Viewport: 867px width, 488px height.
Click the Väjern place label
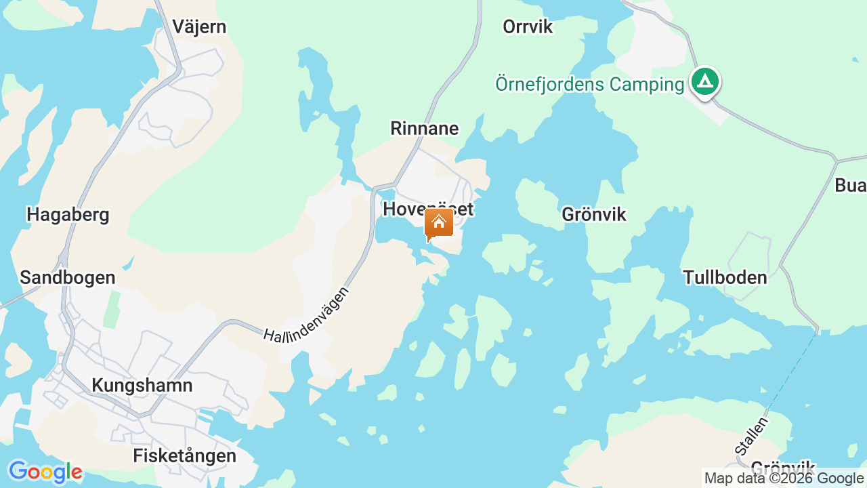point(199,27)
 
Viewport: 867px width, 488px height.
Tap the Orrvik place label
point(528,27)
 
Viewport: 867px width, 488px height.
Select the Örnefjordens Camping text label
point(589,85)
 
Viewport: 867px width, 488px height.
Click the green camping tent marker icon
point(705,83)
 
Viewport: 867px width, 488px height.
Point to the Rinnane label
point(425,129)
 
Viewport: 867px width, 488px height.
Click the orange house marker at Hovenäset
point(439,224)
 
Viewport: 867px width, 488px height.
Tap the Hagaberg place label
point(68,216)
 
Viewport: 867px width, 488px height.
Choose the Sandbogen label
point(68,278)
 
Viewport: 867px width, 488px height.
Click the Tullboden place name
point(725,278)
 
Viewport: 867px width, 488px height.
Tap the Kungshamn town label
point(142,386)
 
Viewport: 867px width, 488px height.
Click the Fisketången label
point(184,456)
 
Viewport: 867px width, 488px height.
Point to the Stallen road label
point(753,436)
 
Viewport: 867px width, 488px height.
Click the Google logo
point(45,472)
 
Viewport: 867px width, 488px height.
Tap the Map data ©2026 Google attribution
point(784,479)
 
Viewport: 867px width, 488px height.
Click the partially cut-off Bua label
point(850,186)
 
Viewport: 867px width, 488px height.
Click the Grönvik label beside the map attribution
point(782,467)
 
